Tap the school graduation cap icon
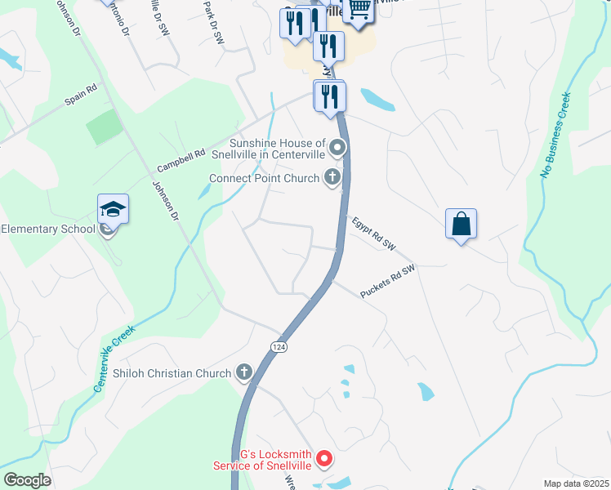(114, 209)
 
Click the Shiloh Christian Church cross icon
(243, 373)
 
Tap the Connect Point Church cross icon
(332, 178)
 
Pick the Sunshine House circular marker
(337, 149)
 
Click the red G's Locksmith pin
(324, 460)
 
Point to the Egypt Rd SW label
(373, 234)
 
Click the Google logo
(27, 480)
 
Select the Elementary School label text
(48, 229)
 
